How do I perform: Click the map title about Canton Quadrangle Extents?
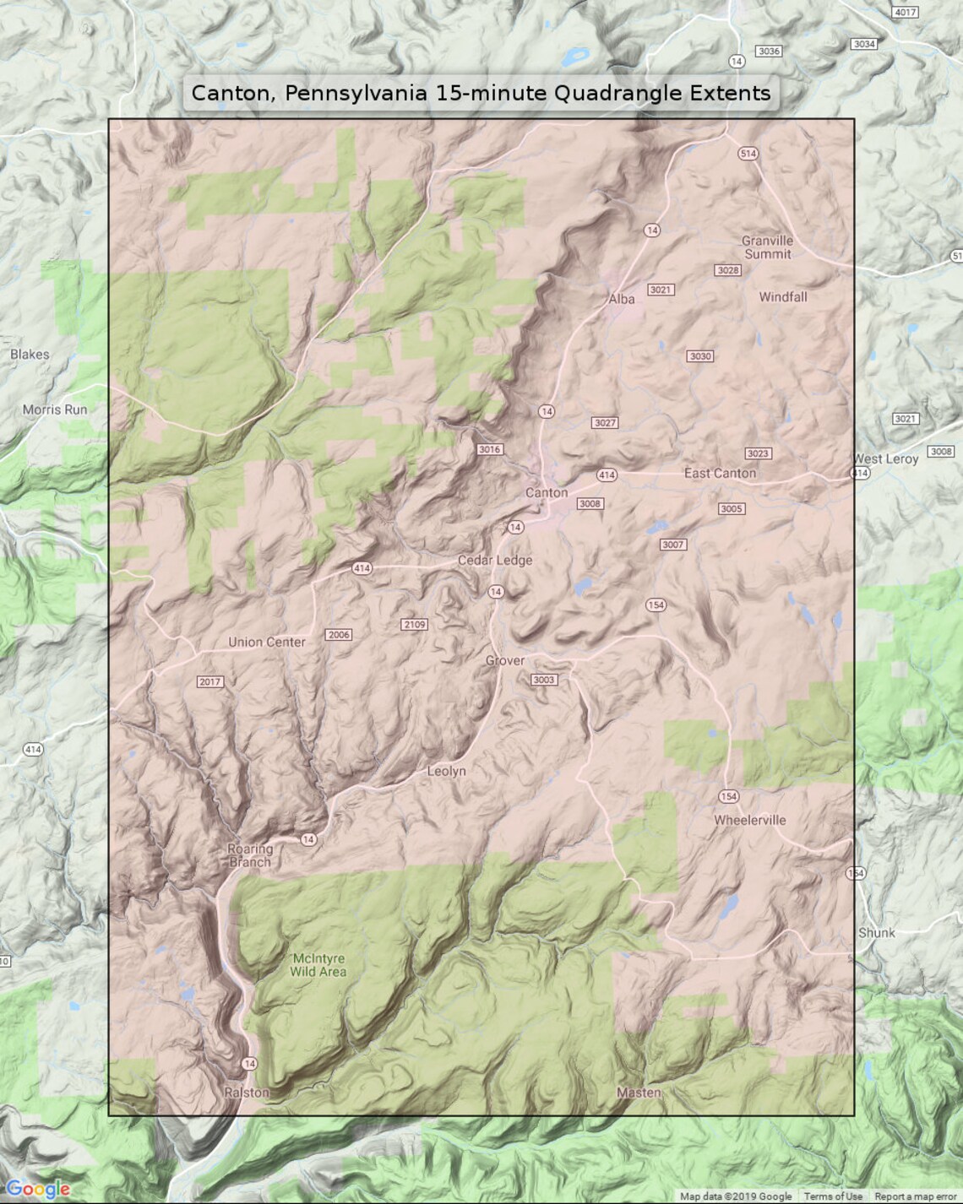[481, 93]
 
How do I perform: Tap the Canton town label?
[547, 492]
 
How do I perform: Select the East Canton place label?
[720, 474]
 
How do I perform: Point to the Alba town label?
[621, 299]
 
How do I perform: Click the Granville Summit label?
[767, 247]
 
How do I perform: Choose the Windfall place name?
[782, 297]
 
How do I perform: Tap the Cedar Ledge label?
[495, 560]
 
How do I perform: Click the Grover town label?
[504, 660]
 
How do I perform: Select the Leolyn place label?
[446, 771]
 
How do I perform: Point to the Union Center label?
[266, 642]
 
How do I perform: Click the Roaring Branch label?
[250, 855]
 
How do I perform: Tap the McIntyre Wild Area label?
[318, 965]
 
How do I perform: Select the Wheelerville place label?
[749, 820]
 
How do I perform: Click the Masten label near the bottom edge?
[639, 1093]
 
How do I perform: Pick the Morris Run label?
[55, 409]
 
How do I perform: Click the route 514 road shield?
[748, 154]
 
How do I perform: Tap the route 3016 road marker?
[489, 449]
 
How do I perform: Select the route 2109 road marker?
[414, 625]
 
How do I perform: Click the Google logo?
[37, 1190]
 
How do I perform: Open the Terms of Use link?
[832, 1196]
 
